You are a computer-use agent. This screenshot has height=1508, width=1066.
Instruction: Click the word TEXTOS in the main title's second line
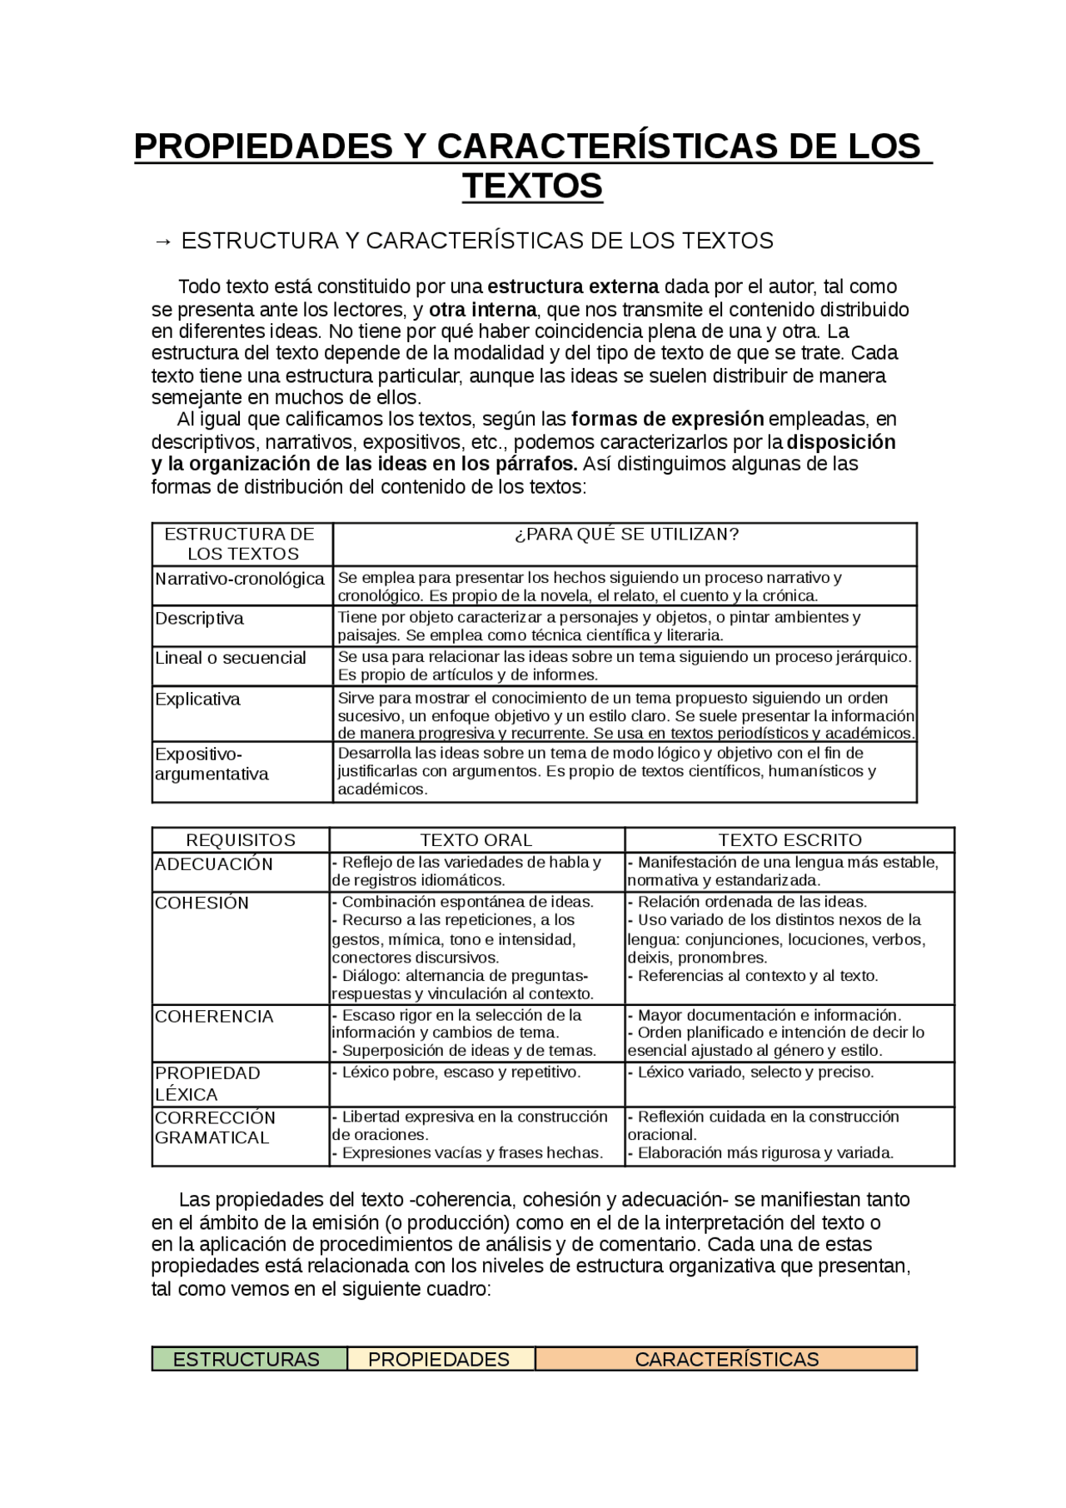tap(532, 186)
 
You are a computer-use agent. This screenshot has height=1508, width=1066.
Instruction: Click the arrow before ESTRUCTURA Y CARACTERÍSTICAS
tap(162, 241)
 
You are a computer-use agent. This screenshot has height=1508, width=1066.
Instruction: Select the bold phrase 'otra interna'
tap(482, 310)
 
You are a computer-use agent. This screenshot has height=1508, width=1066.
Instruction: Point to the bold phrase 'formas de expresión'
tap(667, 418)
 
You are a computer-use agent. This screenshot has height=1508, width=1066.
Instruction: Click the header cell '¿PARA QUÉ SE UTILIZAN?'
tap(626, 535)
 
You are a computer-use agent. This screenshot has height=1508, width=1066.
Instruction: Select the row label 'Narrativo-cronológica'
tap(240, 579)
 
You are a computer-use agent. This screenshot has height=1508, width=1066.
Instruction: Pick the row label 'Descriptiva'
tap(200, 619)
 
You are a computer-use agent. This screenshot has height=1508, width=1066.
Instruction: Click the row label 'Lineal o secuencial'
tap(231, 658)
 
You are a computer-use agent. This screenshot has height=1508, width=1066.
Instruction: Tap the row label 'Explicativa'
tap(198, 699)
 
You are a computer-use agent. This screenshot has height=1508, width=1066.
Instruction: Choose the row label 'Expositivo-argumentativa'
tap(212, 764)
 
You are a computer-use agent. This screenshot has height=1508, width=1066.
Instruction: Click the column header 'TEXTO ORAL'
tap(476, 840)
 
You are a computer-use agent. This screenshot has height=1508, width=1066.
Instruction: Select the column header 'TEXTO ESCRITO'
tap(790, 840)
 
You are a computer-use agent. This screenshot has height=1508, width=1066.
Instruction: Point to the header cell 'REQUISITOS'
tap(241, 840)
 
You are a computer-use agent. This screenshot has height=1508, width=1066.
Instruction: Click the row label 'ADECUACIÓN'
tap(214, 864)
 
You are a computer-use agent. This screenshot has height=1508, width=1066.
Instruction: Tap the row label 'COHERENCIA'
tap(214, 1017)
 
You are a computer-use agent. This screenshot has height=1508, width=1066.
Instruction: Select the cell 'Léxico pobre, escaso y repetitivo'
tap(457, 1073)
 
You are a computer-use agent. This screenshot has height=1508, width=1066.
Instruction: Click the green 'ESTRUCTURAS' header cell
tap(247, 1360)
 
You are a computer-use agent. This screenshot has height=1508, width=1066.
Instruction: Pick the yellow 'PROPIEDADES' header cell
tap(439, 1360)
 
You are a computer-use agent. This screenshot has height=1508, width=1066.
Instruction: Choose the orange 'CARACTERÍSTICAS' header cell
tap(726, 1360)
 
